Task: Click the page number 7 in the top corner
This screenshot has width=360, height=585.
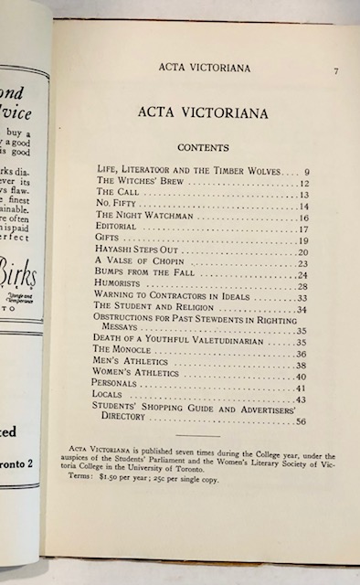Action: (336, 70)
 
